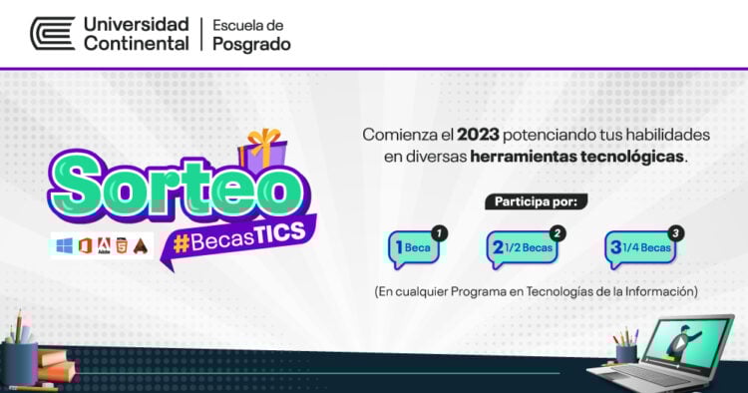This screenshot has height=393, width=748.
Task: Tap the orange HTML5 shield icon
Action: coord(123,245)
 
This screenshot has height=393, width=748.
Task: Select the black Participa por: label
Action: coord(536,201)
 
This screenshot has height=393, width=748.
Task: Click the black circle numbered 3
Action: coord(676,232)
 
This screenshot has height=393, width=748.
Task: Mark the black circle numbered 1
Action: coord(440,232)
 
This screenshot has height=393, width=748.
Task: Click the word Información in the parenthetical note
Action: coord(657,291)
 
